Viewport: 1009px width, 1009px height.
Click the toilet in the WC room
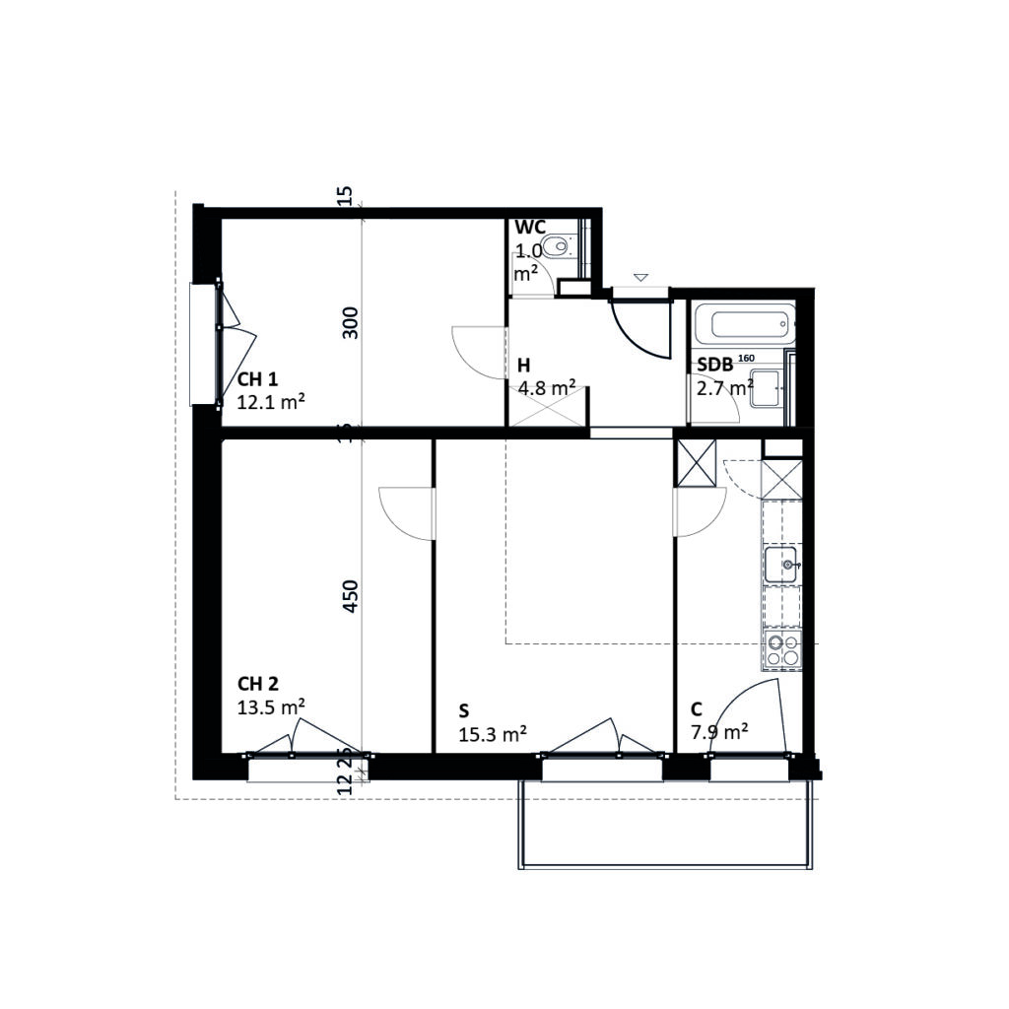(561, 245)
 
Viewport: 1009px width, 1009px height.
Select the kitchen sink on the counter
(783, 566)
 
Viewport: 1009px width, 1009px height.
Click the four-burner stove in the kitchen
(783, 651)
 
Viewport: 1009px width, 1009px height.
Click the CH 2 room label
(258, 684)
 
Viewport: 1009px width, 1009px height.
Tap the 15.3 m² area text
(493, 733)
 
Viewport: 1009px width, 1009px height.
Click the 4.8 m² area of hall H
(547, 387)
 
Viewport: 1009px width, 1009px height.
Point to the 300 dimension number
(351, 323)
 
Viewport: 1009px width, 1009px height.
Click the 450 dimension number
(351, 596)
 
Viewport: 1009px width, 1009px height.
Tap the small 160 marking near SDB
(746, 358)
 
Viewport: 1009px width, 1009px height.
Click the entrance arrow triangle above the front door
(641, 278)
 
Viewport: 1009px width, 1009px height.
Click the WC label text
(530, 228)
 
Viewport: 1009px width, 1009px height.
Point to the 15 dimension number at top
(344, 195)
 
